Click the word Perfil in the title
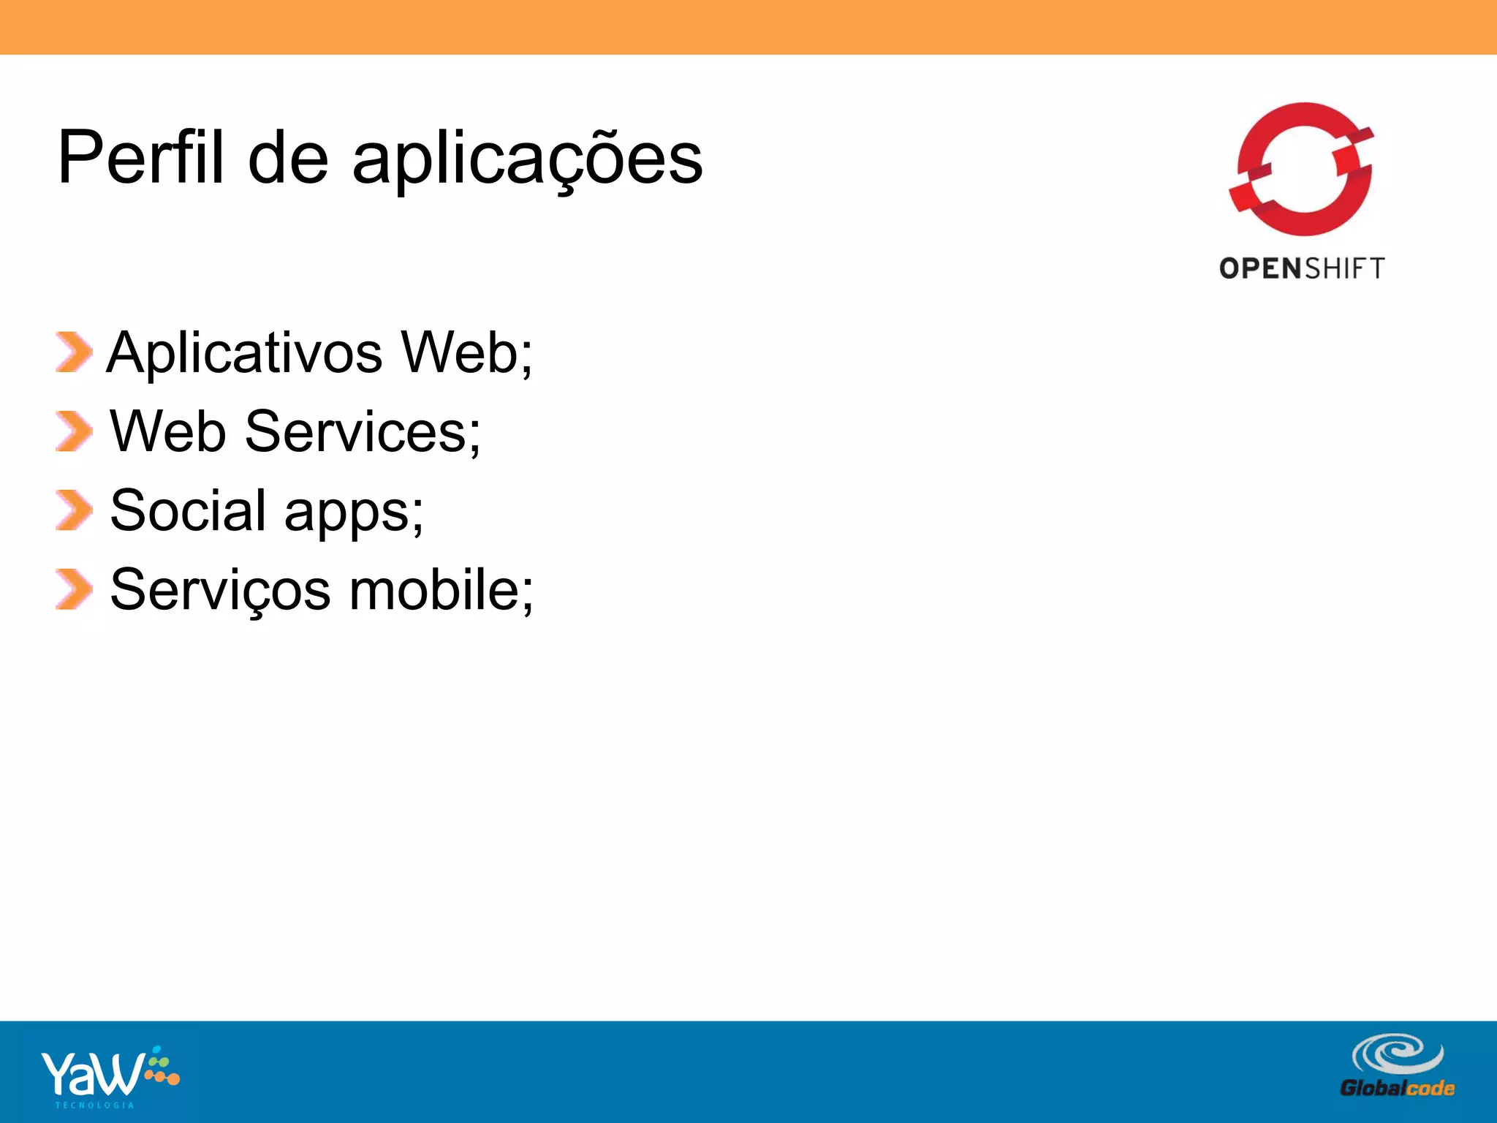point(140,157)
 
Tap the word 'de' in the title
point(288,157)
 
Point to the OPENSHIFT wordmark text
point(1302,268)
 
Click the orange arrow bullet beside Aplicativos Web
point(74,352)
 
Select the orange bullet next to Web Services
point(74,431)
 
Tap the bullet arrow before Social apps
point(74,510)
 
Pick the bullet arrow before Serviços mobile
point(74,589)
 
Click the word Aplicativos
point(244,353)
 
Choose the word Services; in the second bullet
point(363,431)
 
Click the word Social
point(188,510)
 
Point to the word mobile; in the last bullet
point(441,589)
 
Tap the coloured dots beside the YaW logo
point(162,1067)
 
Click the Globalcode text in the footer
point(1397,1089)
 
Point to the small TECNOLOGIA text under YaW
point(95,1105)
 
